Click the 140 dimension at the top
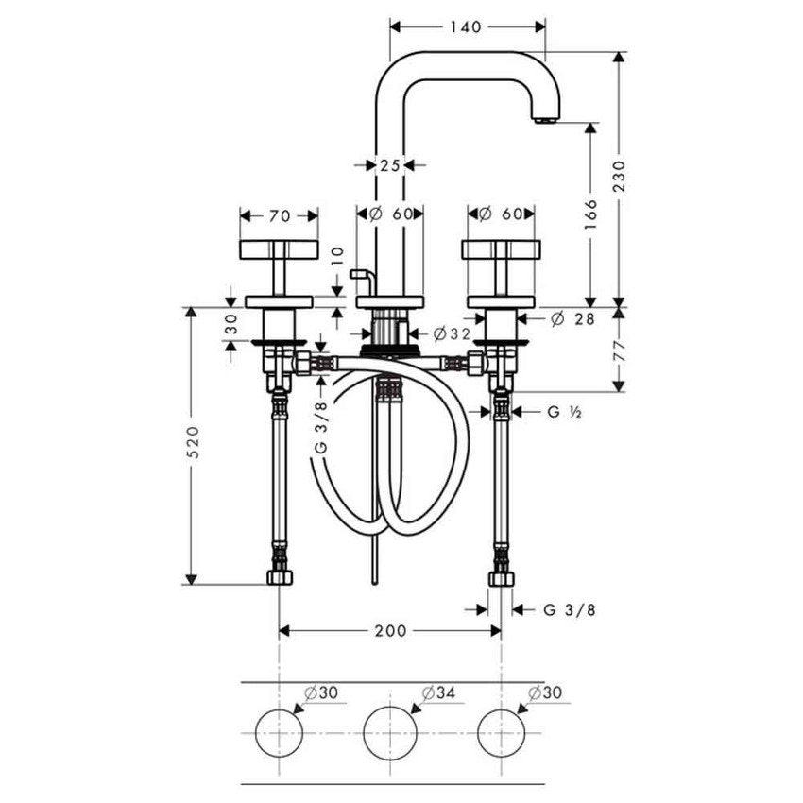point(468,26)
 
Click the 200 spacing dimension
point(389,630)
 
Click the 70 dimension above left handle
point(279,215)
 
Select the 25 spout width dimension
point(389,164)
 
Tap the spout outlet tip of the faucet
point(545,120)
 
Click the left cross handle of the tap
point(278,249)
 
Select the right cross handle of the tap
point(501,249)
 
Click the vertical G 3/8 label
point(320,431)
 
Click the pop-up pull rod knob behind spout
point(358,274)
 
